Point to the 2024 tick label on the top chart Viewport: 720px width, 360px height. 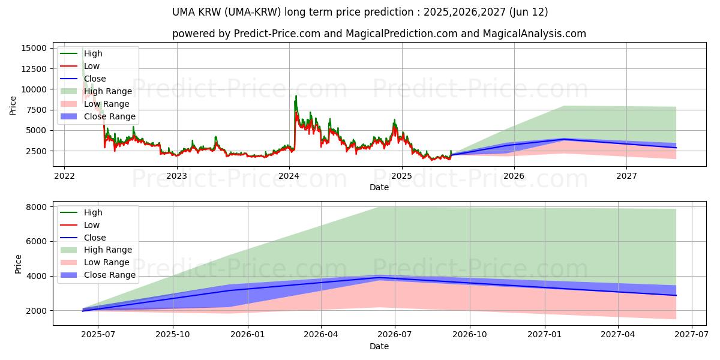coord(289,176)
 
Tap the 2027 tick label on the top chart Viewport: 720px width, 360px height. coord(626,176)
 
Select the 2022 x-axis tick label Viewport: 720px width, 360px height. coord(64,176)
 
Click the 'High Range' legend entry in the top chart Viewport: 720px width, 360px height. coord(107,91)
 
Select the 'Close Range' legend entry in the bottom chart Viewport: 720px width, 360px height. coord(109,275)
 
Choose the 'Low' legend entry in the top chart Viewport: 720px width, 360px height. coord(92,66)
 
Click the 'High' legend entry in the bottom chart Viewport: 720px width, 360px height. coord(93,212)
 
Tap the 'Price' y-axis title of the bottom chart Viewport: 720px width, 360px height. coord(18,264)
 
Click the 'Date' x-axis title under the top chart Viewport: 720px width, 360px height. coord(379,187)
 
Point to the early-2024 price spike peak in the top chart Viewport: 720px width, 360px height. coord(296,95)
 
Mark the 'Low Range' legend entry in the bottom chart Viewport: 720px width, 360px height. coord(106,262)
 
